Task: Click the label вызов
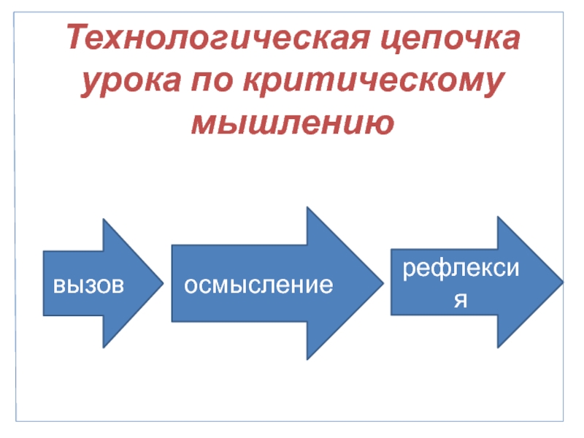pyautogui.click(x=88, y=284)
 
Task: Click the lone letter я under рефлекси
pyautogui.click(x=461, y=299)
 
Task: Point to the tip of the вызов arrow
pyautogui.click(x=161, y=283)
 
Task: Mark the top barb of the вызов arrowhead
pyautogui.click(x=104, y=220)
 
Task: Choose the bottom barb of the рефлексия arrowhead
pyautogui.click(x=499, y=345)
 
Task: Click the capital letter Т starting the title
pyautogui.click(x=77, y=37)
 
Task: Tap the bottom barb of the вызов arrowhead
pyautogui.click(x=104, y=346)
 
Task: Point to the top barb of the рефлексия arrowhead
pyautogui.click(x=499, y=218)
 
